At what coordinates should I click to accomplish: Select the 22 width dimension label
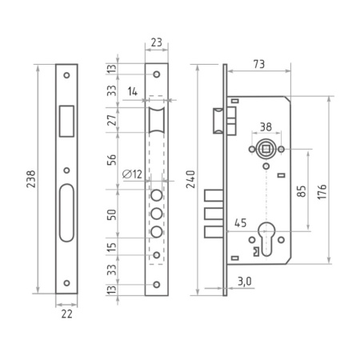(x=66, y=316)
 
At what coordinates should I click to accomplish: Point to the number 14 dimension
(x=132, y=93)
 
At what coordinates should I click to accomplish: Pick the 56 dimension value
(x=112, y=160)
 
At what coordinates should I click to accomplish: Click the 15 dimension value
(x=112, y=247)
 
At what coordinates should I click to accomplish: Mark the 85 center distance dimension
(x=301, y=192)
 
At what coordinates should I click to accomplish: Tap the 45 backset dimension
(x=240, y=224)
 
